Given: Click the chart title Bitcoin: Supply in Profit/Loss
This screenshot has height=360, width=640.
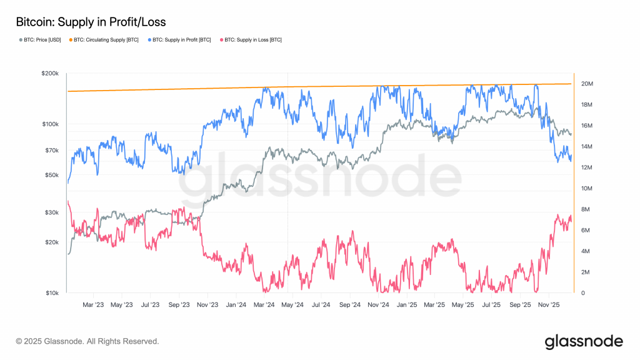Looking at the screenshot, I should tap(91, 22).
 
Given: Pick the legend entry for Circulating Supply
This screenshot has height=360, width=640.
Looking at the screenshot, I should tap(106, 41).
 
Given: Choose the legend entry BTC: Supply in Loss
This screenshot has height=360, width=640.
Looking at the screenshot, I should tap(251, 41).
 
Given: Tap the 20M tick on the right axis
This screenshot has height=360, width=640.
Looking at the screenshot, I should tap(587, 84).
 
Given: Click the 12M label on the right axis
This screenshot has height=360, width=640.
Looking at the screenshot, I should tap(587, 167).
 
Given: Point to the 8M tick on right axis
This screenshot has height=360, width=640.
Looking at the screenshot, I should tap(585, 209).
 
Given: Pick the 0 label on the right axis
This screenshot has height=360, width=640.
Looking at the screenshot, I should tap(582, 293).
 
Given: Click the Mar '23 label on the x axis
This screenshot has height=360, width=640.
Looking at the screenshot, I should tap(93, 305).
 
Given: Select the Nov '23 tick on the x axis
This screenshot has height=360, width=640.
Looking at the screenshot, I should tap(207, 305).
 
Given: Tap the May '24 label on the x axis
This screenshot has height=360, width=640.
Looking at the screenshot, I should tap(292, 305).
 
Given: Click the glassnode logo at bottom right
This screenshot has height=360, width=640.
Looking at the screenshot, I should tap(584, 341).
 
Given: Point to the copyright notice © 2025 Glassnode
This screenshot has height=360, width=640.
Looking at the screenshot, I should tap(87, 342).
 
